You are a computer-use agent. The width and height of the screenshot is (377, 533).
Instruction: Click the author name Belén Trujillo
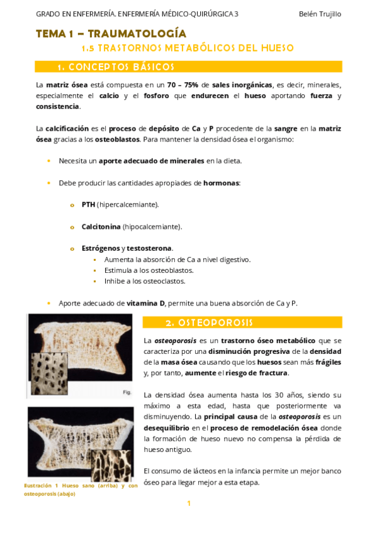pyautogui.click(x=320, y=14)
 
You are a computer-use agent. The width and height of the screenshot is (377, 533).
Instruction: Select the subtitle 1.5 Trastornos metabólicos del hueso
pyautogui.click(x=188, y=48)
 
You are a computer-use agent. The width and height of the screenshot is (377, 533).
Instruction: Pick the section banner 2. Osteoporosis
pyautogui.click(x=209, y=322)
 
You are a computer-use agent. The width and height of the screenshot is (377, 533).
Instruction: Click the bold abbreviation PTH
pyautogui.click(x=88, y=204)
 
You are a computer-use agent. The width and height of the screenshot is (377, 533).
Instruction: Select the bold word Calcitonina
pyautogui.click(x=101, y=226)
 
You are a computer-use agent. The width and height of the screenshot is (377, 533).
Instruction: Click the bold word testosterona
pyautogui.click(x=150, y=248)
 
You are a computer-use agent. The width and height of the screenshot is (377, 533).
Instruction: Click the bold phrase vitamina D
pyautogui.click(x=145, y=303)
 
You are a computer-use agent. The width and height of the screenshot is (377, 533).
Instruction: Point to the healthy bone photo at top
pyautogui.click(x=80, y=353)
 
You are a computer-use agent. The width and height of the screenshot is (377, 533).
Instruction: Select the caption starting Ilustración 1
pyautogui.click(x=80, y=490)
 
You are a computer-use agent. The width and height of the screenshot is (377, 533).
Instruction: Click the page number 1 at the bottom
pyautogui.click(x=188, y=503)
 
